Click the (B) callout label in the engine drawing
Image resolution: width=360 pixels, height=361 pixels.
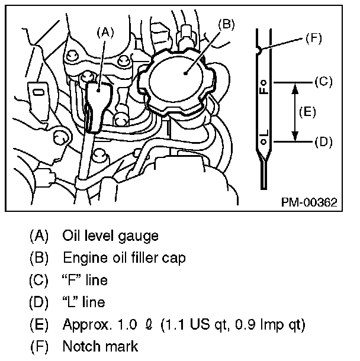point(227,24)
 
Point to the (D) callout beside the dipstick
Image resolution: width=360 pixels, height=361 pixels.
point(323,142)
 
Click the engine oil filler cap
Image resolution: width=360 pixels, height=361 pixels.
point(183,77)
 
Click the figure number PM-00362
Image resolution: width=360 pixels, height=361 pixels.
point(308,202)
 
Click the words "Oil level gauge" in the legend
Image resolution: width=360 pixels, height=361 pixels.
point(110,236)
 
